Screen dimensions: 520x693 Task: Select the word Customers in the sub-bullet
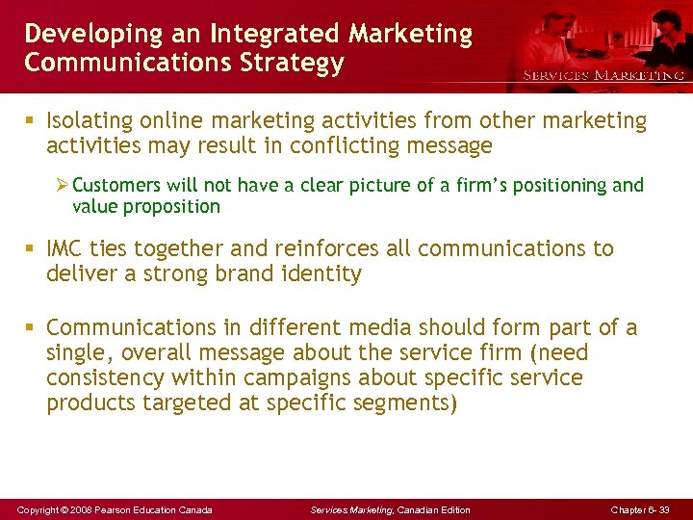click(x=115, y=185)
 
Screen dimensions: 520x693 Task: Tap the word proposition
click(x=172, y=206)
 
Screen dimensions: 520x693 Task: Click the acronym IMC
click(x=67, y=248)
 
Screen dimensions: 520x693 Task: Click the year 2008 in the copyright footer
click(x=85, y=509)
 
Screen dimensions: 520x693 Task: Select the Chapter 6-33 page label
click(x=639, y=509)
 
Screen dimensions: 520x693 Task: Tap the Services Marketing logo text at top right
click(x=603, y=75)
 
